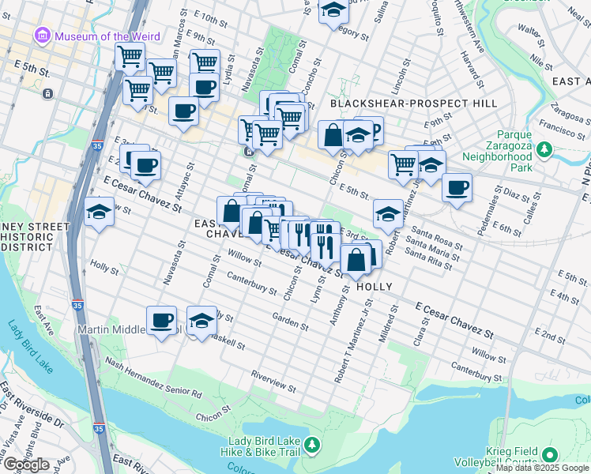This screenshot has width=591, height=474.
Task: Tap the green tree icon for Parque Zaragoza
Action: [543, 149]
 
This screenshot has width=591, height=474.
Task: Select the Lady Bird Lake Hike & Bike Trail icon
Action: [313, 446]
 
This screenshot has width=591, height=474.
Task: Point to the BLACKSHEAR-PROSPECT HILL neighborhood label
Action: [413, 103]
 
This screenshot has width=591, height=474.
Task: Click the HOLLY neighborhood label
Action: [375, 286]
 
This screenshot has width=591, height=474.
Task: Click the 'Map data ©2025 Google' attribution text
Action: [542, 468]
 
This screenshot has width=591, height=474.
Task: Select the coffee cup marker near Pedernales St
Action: [457, 187]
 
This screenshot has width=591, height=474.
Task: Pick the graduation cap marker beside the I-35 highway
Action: [100, 212]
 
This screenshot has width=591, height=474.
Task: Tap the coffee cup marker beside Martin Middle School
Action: [161, 320]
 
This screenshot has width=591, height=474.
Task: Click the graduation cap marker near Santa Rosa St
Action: [388, 213]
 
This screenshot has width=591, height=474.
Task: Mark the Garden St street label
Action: [290, 320]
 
